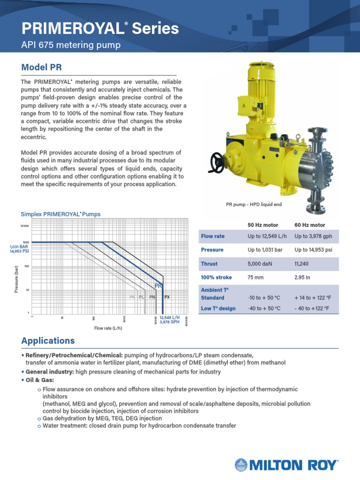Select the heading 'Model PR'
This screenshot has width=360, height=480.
point(42,67)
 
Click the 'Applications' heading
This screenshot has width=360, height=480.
point(48,340)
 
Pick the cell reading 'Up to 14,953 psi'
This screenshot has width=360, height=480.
point(313,250)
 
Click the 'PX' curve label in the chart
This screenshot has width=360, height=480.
point(166,297)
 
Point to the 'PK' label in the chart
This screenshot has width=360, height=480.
point(132,297)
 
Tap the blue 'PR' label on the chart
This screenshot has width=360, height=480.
point(158,285)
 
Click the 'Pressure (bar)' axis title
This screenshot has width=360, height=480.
point(16,278)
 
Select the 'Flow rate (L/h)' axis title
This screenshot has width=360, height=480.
point(109,328)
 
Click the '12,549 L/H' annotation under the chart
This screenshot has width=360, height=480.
point(170,317)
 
